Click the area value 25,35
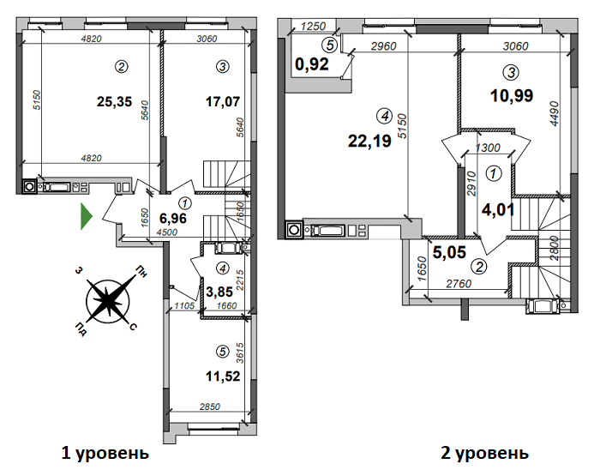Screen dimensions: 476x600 click(114, 102)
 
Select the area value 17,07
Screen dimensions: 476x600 click(223, 102)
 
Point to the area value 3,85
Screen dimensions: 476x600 click(221, 291)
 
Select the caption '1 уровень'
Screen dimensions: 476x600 click(105, 452)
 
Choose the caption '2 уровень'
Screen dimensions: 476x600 click(484, 452)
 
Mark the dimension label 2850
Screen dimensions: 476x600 click(209, 406)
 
